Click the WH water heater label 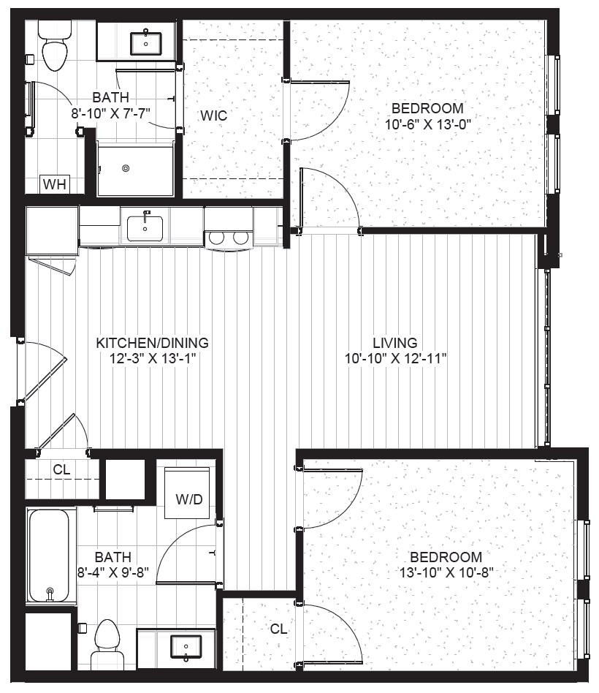(55, 184)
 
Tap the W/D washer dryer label (189, 499)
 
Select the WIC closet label (214, 115)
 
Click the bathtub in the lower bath (50, 556)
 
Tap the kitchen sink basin (145, 229)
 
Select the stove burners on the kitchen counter (229, 238)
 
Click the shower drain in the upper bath (126, 168)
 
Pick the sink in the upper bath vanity (145, 43)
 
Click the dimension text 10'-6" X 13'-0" (428, 124)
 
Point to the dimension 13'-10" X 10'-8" (446, 573)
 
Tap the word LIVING (395, 343)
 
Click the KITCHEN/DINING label (153, 343)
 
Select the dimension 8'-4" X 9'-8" (113, 573)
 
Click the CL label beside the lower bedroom (278, 629)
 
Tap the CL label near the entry (61, 469)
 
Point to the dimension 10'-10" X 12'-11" (396, 359)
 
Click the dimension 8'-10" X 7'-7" (111, 113)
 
